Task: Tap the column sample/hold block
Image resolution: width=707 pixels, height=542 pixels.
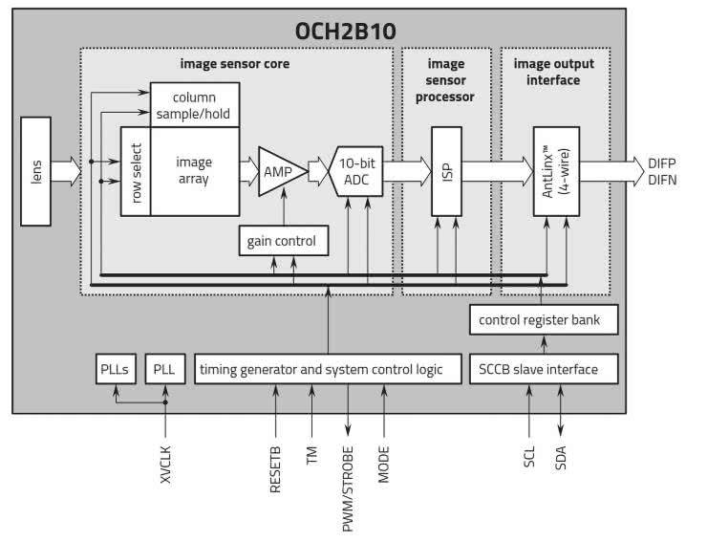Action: [x=194, y=106]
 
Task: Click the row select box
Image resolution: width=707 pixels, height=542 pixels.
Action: [x=136, y=170]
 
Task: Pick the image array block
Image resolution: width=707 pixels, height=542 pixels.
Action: [x=194, y=170]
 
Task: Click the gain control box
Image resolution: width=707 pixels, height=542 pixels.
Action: [x=289, y=241]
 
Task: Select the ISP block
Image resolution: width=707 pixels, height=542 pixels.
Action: [x=446, y=171]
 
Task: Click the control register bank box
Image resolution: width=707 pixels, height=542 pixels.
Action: [x=540, y=320]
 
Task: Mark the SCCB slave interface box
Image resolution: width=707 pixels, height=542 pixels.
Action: [x=540, y=368]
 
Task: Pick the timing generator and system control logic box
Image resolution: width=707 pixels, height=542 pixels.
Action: [x=319, y=368]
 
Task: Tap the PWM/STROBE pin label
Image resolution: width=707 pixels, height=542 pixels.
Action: [x=349, y=488]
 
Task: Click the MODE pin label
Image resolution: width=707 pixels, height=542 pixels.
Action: [x=384, y=461]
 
